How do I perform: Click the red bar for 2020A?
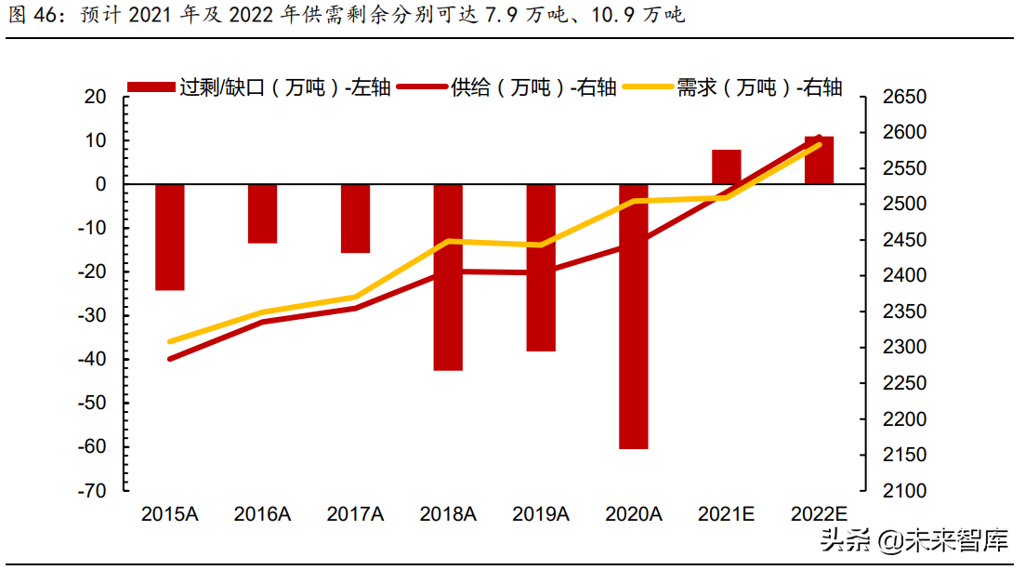[x=634, y=316]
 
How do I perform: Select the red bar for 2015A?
[x=169, y=237]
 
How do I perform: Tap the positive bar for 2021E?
[x=727, y=166]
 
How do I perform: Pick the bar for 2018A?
[x=448, y=277]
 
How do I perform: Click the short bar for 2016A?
[x=262, y=214]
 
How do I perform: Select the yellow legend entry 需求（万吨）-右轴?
[x=734, y=87]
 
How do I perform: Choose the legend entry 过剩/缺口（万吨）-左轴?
[x=260, y=87]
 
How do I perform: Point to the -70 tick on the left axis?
[x=93, y=490]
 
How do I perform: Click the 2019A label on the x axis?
[x=541, y=513]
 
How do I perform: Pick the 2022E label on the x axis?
[x=820, y=513]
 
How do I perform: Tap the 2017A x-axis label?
[x=355, y=513]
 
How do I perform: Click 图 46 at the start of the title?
[x=28, y=16]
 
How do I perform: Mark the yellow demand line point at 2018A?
[x=448, y=241]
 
